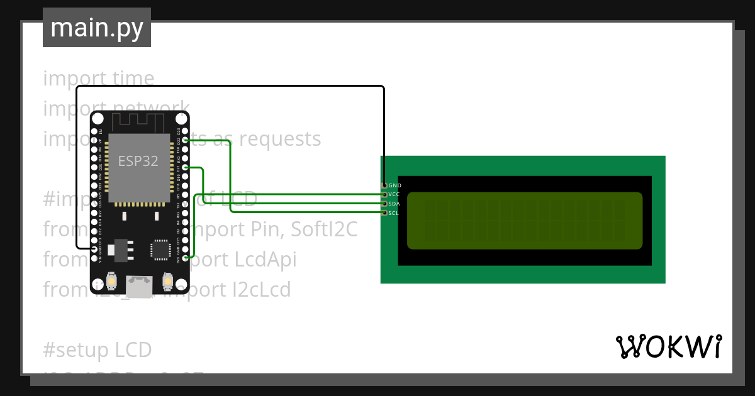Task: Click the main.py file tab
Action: point(96,28)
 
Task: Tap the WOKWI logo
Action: point(668,346)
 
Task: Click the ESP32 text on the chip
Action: point(138,161)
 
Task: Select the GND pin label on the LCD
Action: point(394,186)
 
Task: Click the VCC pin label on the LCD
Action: point(394,195)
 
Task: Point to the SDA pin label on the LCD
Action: point(394,204)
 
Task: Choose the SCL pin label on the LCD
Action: point(394,213)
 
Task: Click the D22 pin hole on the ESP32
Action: point(185,141)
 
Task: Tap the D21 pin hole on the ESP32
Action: point(185,168)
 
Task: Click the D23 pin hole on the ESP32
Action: point(185,131)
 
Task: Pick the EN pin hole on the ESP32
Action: point(94,131)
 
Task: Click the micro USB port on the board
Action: point(139,287)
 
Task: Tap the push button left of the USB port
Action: point(111,280)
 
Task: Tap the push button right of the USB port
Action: point(167,280)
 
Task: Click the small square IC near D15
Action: point(160,250)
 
